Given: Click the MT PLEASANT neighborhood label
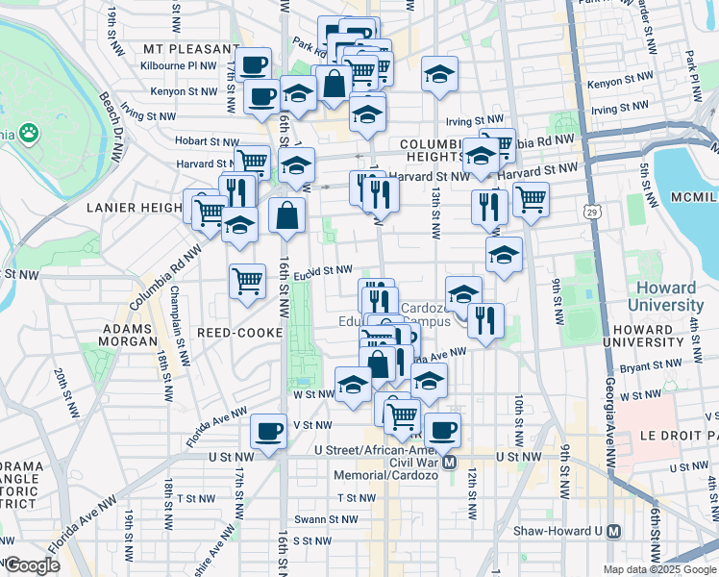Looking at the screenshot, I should click(189, 49).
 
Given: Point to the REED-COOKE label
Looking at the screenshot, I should click(239, 332).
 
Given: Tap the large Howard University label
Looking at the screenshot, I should click(665, 296).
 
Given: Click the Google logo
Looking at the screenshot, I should click(32, 565).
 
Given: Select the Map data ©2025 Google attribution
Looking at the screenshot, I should click(658, 569).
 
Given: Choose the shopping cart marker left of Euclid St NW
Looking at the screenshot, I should click(247, 281).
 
